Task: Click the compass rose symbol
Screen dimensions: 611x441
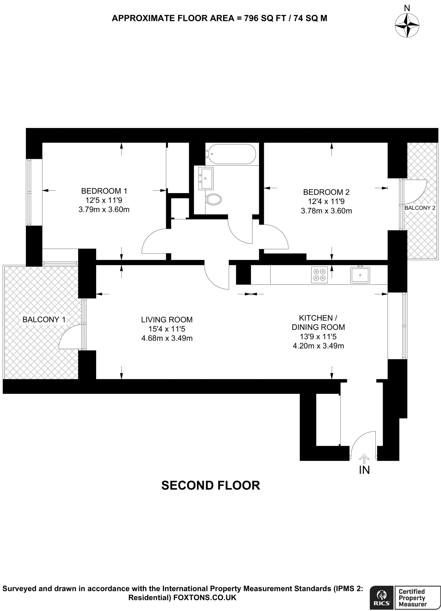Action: point(407,25)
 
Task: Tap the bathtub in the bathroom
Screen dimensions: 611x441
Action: point(231,154)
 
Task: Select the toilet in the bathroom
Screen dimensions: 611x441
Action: point(214,199)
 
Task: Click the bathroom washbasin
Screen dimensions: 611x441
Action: point(206,178)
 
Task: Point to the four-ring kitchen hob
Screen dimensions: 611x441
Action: point(319,274)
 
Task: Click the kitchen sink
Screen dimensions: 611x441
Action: point(360,275)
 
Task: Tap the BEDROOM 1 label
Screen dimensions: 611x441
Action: point(104,191)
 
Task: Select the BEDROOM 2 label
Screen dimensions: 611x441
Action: point(326,192)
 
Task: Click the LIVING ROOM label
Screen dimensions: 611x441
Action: point(167,320)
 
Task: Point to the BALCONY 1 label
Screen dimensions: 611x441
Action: point(44,320)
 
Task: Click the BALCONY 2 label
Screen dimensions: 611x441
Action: point(420,208)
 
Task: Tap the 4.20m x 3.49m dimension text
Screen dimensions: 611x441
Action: point(318,346)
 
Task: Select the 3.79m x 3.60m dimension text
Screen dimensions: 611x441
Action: point(104,209)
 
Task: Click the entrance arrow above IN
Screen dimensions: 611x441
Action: point(364,457)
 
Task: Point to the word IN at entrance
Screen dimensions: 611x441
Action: point(364,470)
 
